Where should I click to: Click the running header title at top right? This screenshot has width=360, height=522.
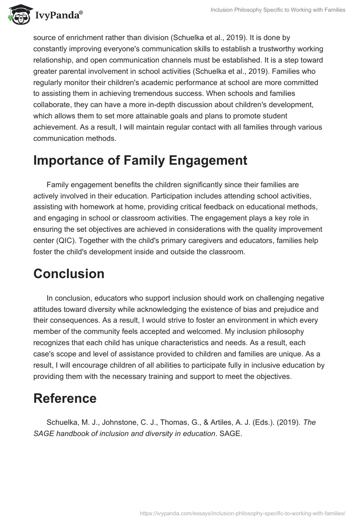click(x=278, y=10)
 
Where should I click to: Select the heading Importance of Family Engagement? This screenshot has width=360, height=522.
click(x=140, y=160)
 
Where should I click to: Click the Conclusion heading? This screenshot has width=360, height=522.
click(x=69, y=274)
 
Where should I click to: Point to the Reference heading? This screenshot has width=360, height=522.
click(x=65, y=398)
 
